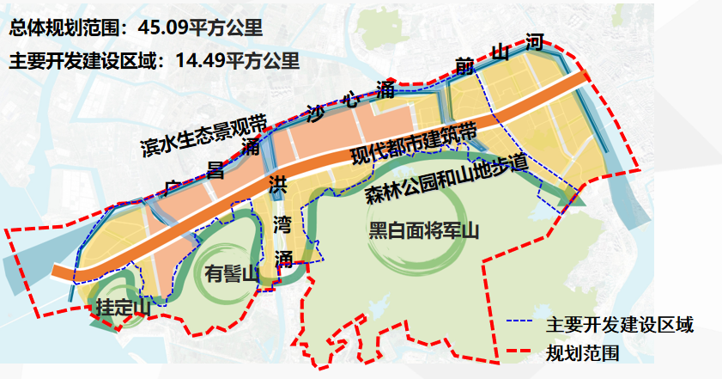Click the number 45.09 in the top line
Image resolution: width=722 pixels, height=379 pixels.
click(167, 27)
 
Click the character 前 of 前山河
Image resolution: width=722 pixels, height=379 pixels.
click(465, 66)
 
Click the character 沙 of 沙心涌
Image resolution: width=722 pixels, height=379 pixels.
click(316, 112)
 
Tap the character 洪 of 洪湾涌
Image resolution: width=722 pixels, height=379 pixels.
click(278, 184)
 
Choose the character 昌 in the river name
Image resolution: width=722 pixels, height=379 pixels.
click(216, 169)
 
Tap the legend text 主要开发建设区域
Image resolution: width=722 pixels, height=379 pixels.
click(619, 325)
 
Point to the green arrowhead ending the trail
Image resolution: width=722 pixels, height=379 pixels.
click(563, 200)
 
